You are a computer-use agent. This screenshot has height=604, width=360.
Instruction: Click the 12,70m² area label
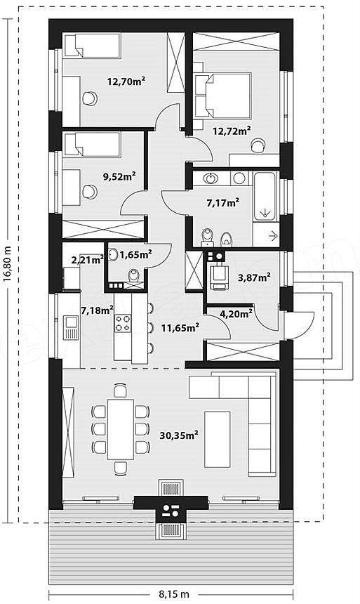click(126, 81)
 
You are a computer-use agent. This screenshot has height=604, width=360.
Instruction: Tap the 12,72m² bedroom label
click(232, 131)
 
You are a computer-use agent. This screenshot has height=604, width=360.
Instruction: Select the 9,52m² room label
click(119, 177)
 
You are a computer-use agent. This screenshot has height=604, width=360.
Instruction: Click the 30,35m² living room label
click(179, 435)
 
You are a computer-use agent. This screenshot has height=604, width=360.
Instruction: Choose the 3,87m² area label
click(254, 277)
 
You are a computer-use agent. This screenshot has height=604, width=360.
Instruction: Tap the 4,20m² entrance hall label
click(236, 313)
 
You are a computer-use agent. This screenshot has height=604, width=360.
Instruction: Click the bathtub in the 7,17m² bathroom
click(265, 197)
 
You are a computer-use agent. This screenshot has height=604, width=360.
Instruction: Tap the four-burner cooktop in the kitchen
click(123, 323)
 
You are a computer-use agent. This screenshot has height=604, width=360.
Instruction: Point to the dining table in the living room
click(121, 429)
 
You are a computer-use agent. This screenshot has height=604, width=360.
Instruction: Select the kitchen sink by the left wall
click(71, 327)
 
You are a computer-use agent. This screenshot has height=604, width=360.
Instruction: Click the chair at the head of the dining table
click(121, 390)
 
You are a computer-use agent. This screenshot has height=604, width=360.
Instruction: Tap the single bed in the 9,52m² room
click(92, 145)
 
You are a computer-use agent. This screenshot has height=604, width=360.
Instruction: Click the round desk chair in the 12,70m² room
click(90, 98)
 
